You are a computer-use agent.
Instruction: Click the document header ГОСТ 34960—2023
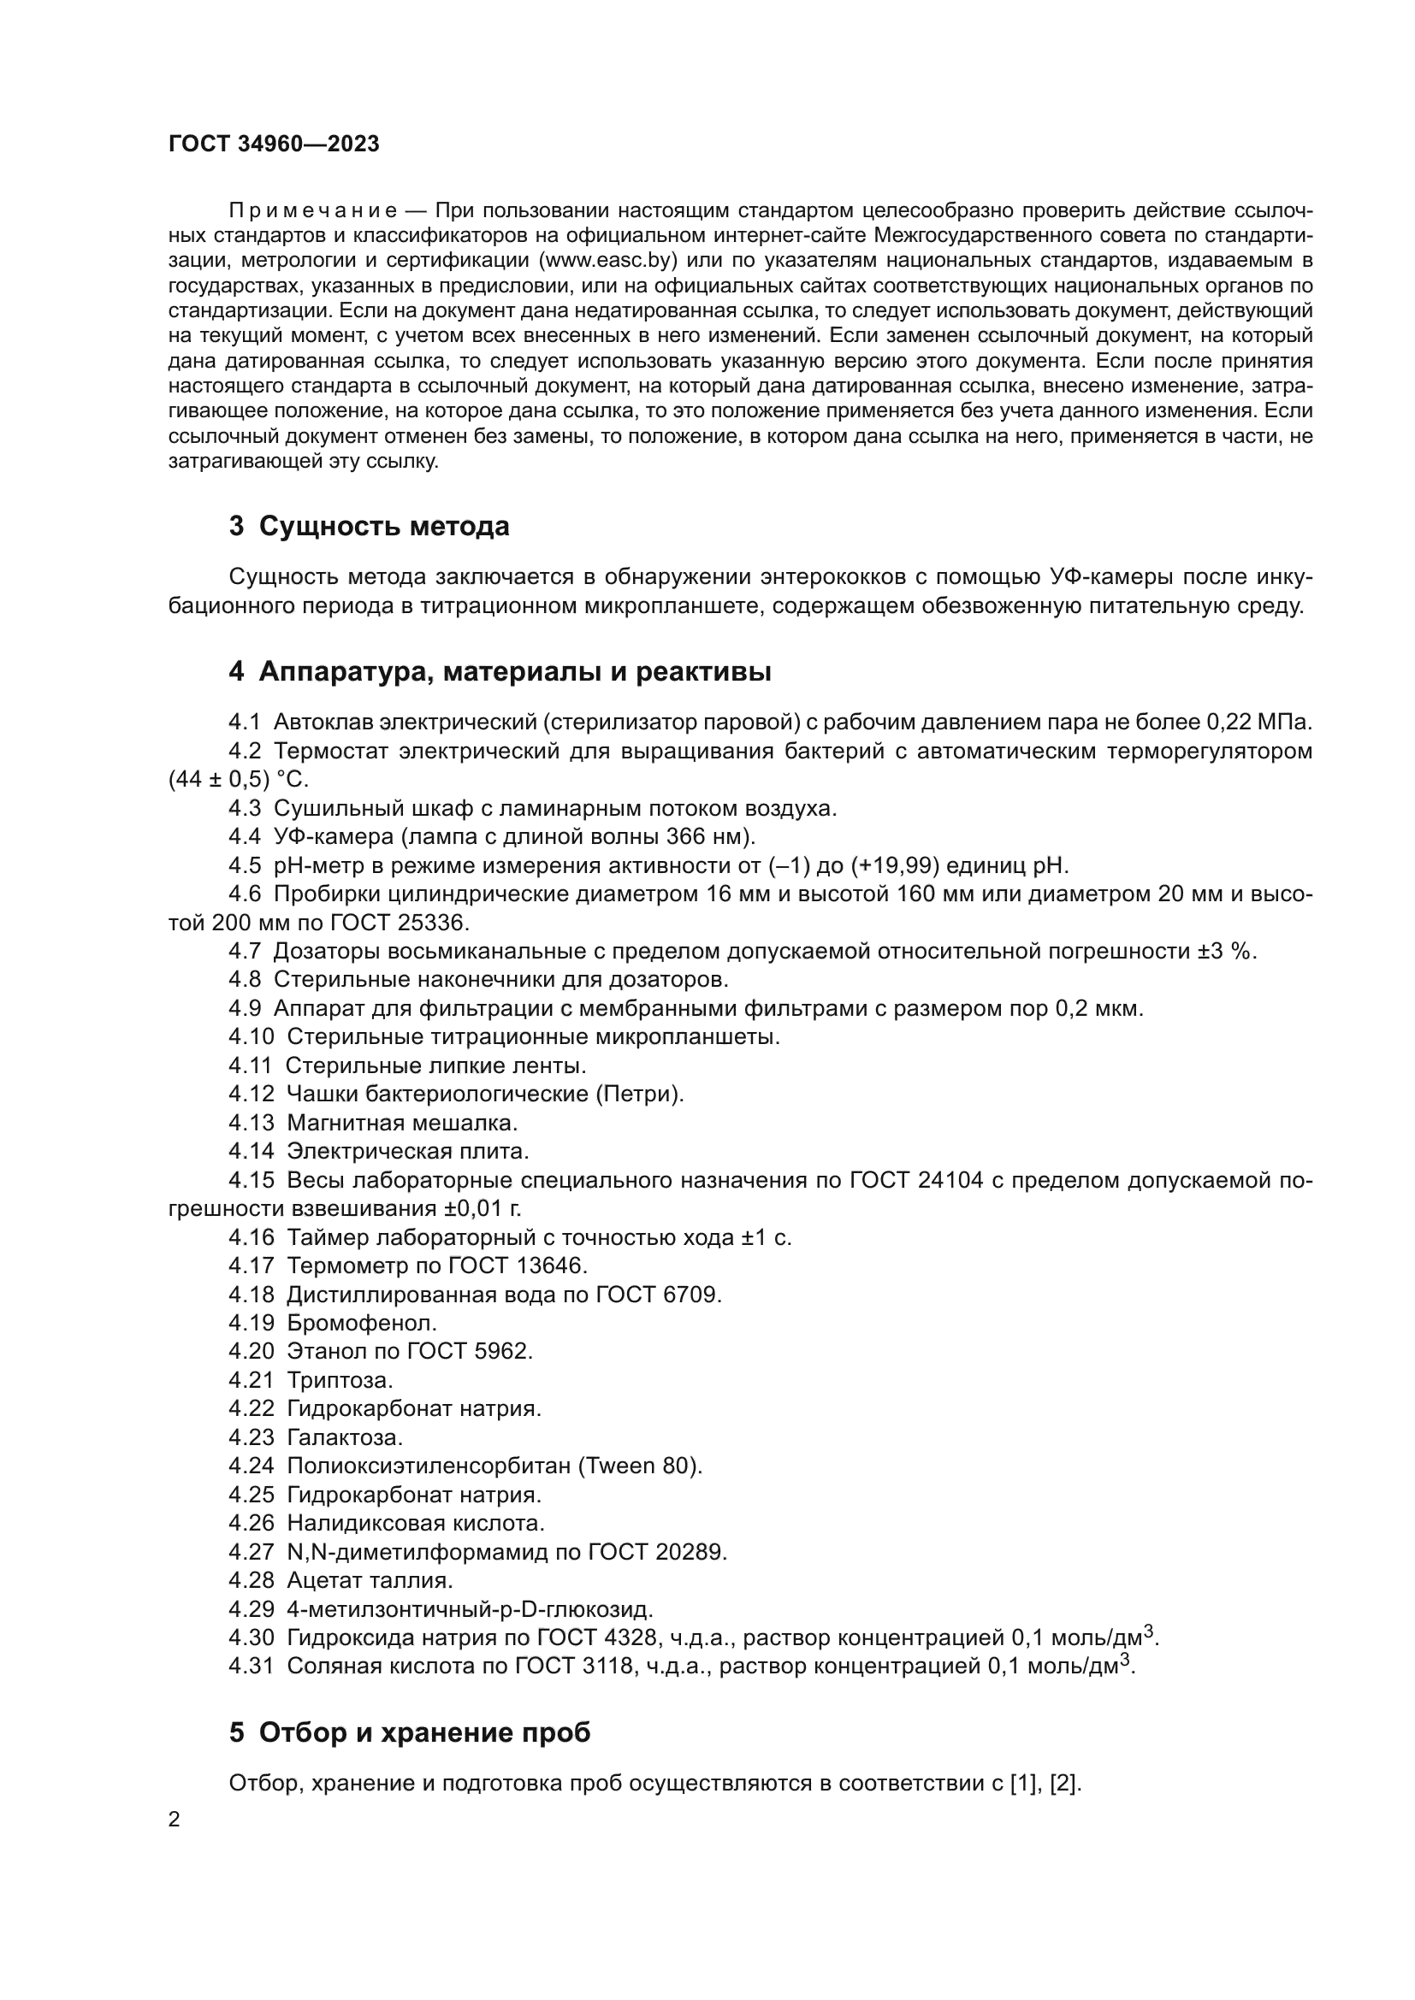pos(274,145)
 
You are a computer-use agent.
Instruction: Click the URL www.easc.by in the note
pos(608,261)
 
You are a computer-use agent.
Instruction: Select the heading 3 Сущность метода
pos(370,526)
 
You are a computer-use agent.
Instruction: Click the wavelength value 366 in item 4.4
pos(685,836)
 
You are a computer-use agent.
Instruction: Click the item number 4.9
pos(245,1009)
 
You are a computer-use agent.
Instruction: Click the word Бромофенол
pos(362,1323)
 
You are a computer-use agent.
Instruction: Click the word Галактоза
pos(345,1437)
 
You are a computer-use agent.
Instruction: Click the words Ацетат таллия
pos(370,1580)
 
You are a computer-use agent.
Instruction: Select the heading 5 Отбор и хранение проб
pos(410,1732)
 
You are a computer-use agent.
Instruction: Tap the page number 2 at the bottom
pos(175,1820)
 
